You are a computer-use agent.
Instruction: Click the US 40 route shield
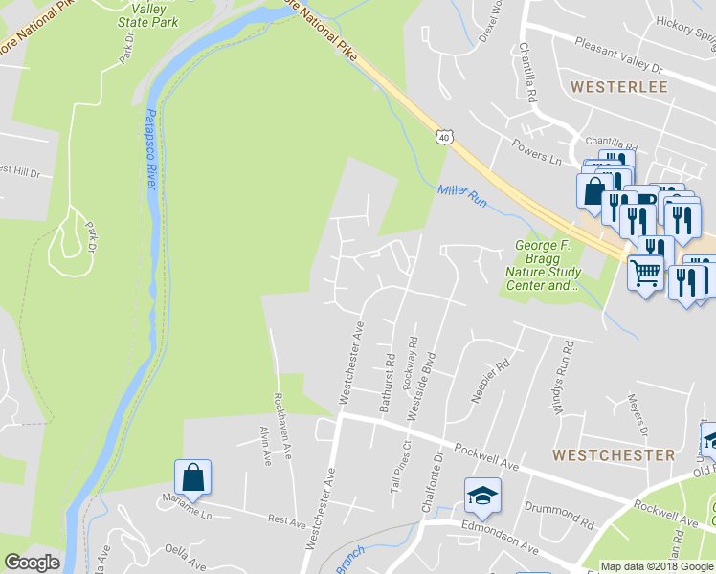pos(443,138)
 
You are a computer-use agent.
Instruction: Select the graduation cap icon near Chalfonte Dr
pos(482,496)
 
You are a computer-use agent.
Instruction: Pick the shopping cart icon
pos(645,274)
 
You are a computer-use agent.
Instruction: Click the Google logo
pos(34,563)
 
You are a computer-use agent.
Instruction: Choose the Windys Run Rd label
pos(560,381)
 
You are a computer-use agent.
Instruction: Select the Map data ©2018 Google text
pos(657,566)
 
